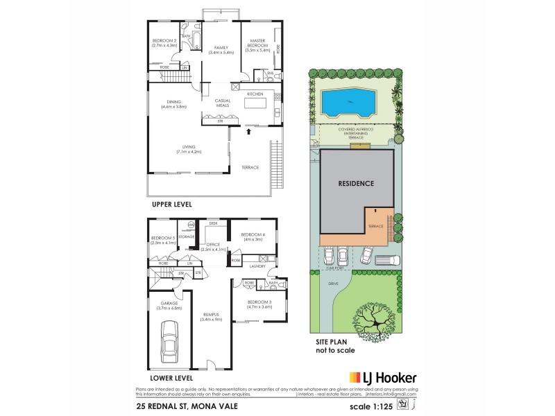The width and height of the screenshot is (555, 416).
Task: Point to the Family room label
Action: [221, 49]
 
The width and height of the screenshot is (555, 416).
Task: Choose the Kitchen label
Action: [255, 93]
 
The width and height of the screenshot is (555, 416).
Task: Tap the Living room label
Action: [189, 148]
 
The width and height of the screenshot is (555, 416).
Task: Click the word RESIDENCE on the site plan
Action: [356, 184]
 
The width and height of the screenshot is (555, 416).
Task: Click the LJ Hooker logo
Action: [382, 378]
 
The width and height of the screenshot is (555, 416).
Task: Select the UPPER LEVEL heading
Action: [171, 205]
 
